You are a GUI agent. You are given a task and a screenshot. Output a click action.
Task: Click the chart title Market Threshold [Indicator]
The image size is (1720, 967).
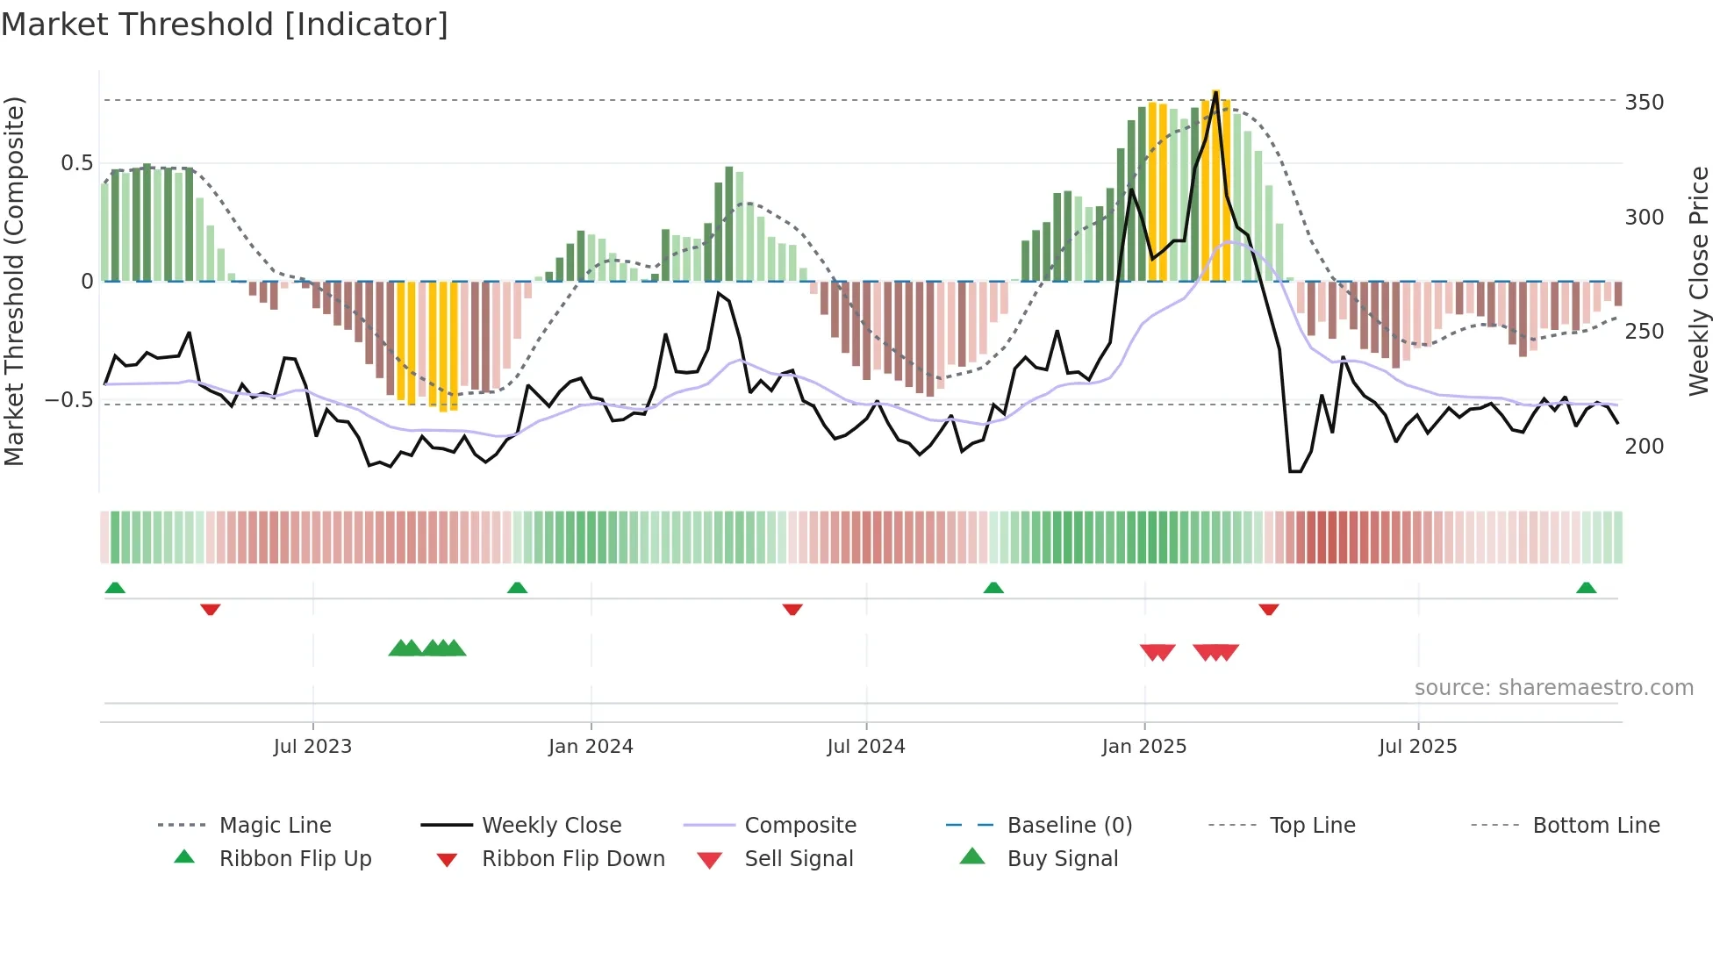click(x=225, y=25)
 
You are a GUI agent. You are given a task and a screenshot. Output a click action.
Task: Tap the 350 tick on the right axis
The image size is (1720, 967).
click(x=1644, y=102)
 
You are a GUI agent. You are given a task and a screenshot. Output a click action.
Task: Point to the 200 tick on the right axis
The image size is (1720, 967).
click(x=1644, y=446)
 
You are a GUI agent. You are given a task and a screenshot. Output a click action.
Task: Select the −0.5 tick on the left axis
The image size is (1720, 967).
click(x=68, y=400)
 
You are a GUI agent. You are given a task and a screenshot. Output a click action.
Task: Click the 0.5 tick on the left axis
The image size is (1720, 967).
click(x=76, y=163)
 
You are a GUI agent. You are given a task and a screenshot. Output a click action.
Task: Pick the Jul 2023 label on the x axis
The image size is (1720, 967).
click(x=312, y=746)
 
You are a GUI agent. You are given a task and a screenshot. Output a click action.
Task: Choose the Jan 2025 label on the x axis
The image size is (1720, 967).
click(x=1143, y=746)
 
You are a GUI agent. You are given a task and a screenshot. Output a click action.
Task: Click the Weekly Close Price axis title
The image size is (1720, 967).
click(x=1699, y=281)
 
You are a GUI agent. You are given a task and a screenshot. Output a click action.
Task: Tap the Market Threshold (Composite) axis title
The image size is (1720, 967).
click(x=14, y=281)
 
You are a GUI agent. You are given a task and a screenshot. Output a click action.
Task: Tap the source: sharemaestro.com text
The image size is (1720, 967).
click(x=1553, y=687)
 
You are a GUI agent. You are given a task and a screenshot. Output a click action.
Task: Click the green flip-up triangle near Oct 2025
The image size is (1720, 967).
click(x=1586, y=588)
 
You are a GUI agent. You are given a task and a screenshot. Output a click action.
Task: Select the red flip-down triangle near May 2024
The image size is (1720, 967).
click(x=792, y=609)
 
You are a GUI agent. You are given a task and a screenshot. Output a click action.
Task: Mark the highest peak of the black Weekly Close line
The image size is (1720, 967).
click(x=1215, y=91)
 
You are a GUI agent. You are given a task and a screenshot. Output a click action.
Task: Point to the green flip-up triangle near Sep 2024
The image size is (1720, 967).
click(x=993, y=588)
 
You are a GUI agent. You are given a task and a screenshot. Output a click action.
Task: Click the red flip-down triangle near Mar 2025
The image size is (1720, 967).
click(x=1269, y=609)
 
